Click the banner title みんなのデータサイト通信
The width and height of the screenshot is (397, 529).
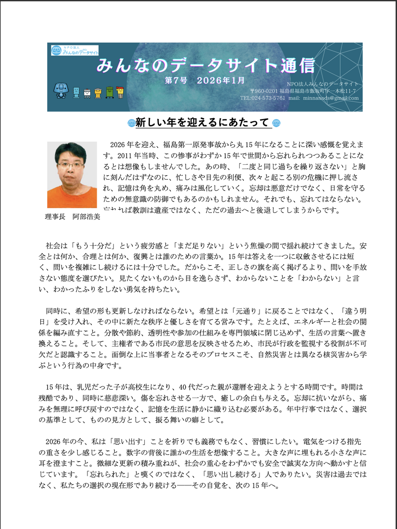point(205,65)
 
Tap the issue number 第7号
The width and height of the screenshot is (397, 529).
point(176,80)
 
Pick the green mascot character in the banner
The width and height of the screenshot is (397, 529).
point(109,93)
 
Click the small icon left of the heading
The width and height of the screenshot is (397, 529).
point(130,123)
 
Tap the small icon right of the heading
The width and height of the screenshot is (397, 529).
point(277,123)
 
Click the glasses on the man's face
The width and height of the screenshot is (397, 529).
point(71,165)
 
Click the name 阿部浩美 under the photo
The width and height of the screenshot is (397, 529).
point(87,217)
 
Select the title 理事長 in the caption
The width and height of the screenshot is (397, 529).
point(55,217)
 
